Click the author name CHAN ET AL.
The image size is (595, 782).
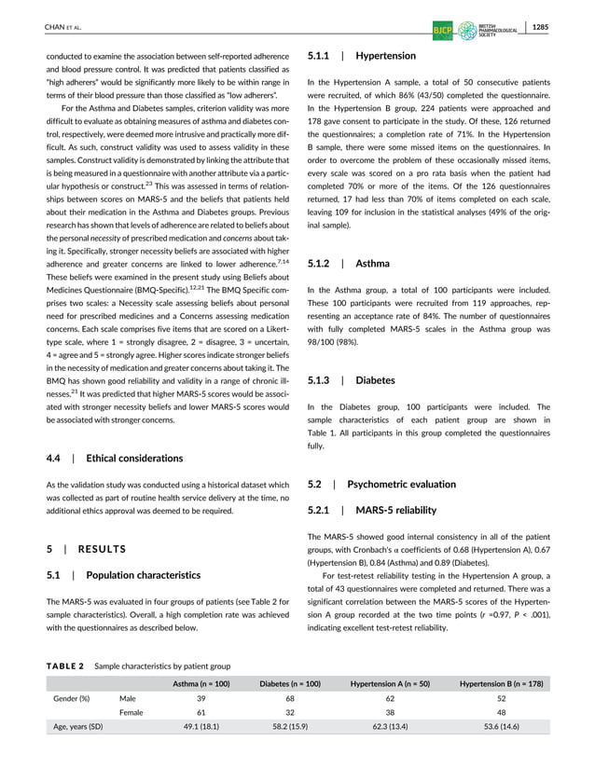tap(63, 29)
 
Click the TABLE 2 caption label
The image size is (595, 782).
tap(66, 666)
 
